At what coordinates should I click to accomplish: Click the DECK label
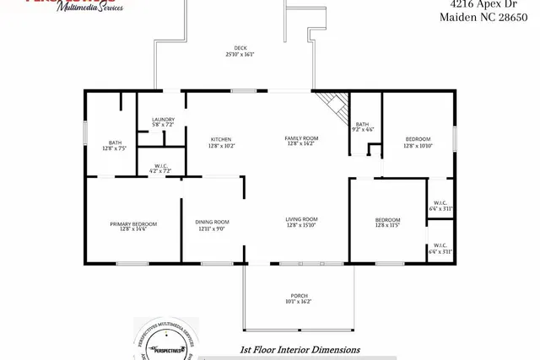coord(240,48)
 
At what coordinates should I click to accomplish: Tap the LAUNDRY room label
coord(163,121)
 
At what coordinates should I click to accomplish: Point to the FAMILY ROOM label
coord(300,137)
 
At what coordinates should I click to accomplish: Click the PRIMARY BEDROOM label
coord(133,223)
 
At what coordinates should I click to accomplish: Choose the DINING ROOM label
coord(212,222)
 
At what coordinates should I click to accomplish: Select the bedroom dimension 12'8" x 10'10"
coord(418,146)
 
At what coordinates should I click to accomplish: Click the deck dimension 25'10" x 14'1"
coord(240,55)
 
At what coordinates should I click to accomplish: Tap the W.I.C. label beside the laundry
coord(160,165)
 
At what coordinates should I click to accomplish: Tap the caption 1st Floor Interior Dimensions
coord(300,349)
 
